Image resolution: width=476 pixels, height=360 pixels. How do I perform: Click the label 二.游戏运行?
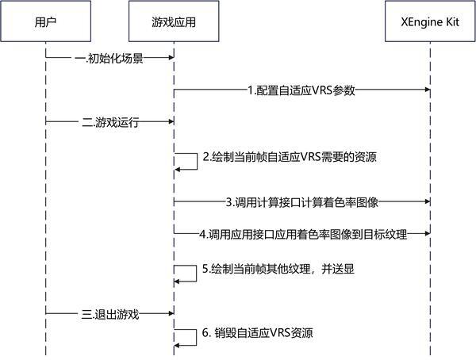coord(109,122)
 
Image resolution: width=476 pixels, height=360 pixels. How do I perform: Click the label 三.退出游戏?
coord(109,314)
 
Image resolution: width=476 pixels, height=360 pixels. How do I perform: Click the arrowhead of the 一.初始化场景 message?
coord(170,58)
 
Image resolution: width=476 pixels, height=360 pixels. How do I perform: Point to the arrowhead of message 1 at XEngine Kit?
coord(426,90)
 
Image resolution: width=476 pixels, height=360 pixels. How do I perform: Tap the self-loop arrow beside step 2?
coord(191,160)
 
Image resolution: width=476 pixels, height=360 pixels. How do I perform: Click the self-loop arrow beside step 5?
coord(191,272)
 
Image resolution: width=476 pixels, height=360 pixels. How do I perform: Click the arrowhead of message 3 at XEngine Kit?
coord(426,202)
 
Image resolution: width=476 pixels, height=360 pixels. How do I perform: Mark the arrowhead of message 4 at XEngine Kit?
coord(426,235)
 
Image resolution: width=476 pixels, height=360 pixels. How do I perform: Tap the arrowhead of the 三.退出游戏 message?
coord(170,314)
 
